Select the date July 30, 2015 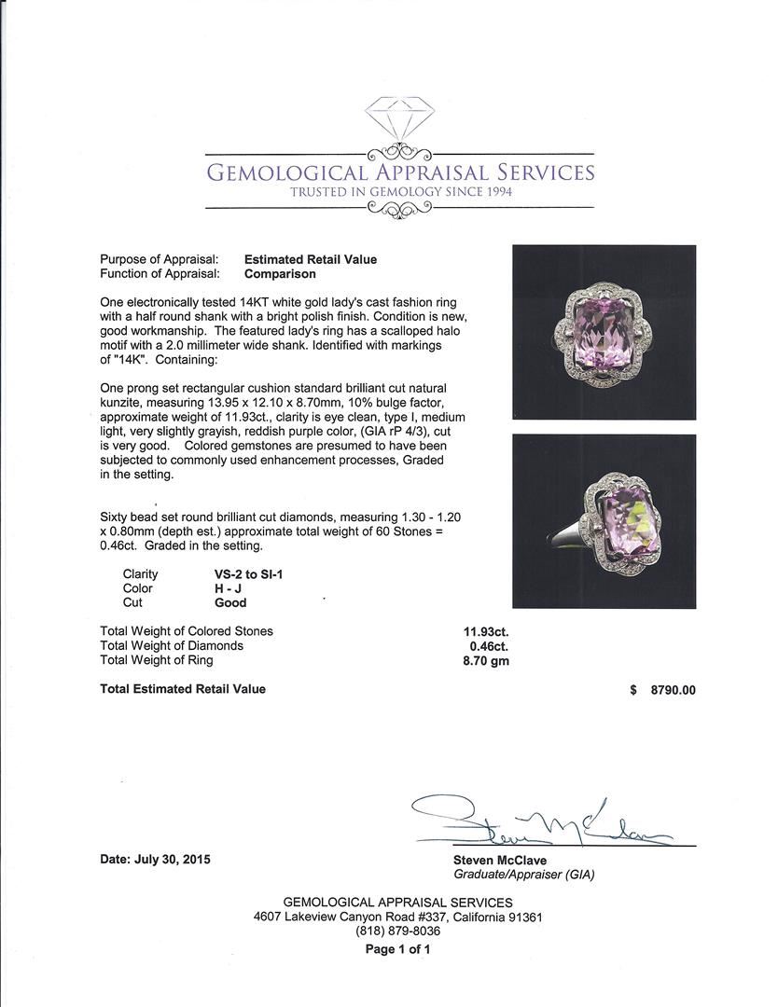click(x=155, y=860)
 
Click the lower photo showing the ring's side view click(x=604, y=521)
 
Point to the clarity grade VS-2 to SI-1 click(x=249, y=574)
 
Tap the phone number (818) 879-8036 click(x=397, y=931)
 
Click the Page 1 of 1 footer click(x=397, y=949)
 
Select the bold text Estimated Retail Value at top click(x=311, y=260)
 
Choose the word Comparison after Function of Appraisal click(x=280, y=274)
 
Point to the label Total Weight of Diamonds click(x=172, y=645)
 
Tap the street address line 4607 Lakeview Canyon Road click(x=397, y=917)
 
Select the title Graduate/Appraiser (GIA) click(x=523, y=875)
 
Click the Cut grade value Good click(x=230, y=603)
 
